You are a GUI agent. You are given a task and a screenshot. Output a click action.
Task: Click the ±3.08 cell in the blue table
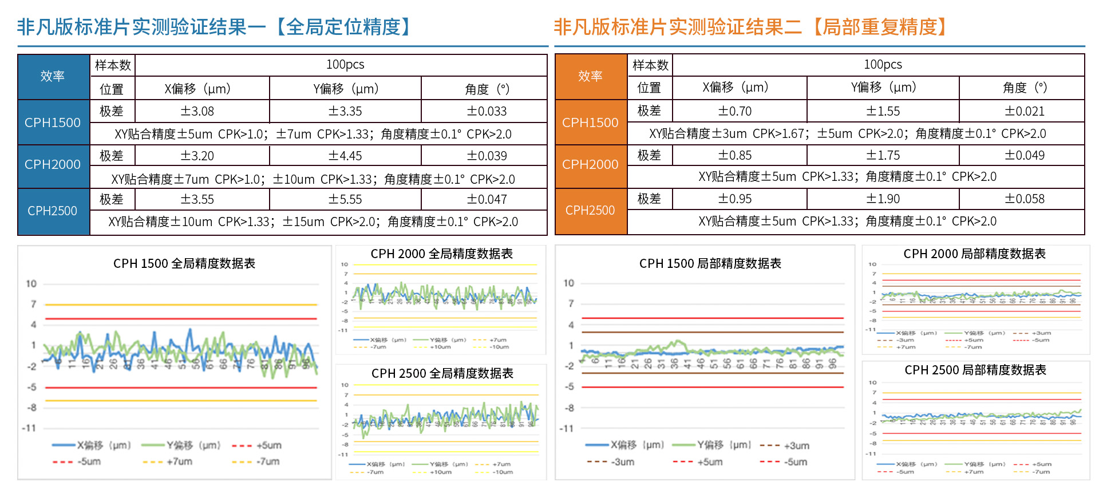(197, 111)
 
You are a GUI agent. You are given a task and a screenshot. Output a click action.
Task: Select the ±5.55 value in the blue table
(345, 199)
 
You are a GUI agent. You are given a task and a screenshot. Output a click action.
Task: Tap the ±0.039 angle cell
(487, 156)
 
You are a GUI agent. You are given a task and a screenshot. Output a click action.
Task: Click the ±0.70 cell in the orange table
(735, 111)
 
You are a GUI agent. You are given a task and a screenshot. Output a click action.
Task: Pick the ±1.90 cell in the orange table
(883, 199)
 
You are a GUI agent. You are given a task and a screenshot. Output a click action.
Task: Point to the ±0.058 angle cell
(1025, 199)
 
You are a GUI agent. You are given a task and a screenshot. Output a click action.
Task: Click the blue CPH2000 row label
(53, 165)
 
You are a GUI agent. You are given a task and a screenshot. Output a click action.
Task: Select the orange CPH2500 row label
(590, 210)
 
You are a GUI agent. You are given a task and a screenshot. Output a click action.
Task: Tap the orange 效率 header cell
(590, 76)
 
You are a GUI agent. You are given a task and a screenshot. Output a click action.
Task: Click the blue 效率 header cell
(53, 76)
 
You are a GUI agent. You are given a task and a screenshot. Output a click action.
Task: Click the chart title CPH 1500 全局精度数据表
(184, 263)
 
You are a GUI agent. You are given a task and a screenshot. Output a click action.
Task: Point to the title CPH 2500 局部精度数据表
(975, 370)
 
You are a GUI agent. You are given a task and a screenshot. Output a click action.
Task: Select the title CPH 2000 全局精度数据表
(441, 254)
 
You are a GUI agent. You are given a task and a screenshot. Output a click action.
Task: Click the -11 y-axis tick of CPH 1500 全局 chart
(29, 428)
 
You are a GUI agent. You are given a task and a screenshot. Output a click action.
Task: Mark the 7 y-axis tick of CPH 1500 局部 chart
(571, 304)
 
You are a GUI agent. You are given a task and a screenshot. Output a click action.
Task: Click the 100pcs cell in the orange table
(883, 65)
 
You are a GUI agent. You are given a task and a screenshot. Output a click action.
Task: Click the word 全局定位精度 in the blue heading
(343, 27)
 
